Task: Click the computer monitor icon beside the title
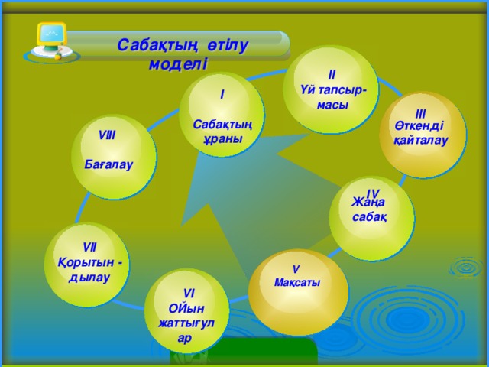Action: (x=51, y=40)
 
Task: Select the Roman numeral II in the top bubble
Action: (x=331, y=76)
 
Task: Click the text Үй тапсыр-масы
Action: (x=333, y=98)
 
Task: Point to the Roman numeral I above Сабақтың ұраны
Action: (x=222, y=94)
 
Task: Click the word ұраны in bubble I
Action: (x=222, y=139)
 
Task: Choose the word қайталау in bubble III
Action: (x=420, y=141)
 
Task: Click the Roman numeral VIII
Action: (x=108, y=135)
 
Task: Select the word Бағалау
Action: (x=108, y=164)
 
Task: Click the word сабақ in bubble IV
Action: (x=368, y=218)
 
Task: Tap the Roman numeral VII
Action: (x=89, y=246)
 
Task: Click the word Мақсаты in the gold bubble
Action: (x=296, y=282)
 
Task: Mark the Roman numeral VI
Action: (x=188, y=292)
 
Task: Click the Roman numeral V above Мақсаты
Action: (x=296, y=268)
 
